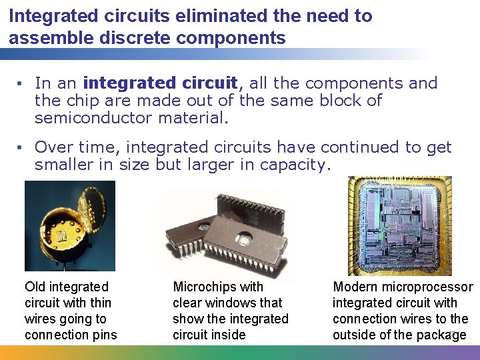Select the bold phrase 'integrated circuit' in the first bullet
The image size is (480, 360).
[x=160, y=83]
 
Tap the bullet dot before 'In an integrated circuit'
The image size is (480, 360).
[x=21, y=83]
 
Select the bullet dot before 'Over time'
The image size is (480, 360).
[x=21, y=147]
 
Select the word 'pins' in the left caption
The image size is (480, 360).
[x=105, y=335]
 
